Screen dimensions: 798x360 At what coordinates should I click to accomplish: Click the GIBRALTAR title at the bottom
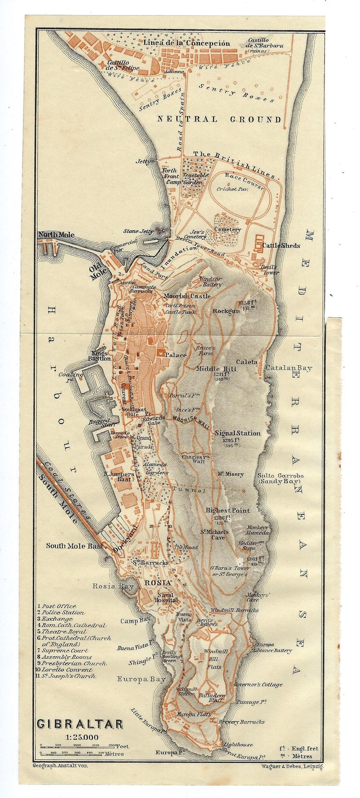click(79, 724)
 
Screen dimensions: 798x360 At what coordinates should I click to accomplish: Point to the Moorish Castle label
click(187, 296)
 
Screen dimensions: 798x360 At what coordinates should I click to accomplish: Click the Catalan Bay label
click(289, 368)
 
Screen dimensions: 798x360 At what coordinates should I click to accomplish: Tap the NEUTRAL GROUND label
click(219, 120)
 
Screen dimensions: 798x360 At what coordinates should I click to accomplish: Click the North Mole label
click(56, 235)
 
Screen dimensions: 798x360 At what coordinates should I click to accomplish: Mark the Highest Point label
click(228, 510)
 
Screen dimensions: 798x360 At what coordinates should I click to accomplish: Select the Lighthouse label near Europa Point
click(238, 745)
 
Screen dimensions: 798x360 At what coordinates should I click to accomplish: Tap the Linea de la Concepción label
click(187, 43)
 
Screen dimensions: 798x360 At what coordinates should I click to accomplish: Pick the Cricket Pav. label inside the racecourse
click(232, 189)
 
